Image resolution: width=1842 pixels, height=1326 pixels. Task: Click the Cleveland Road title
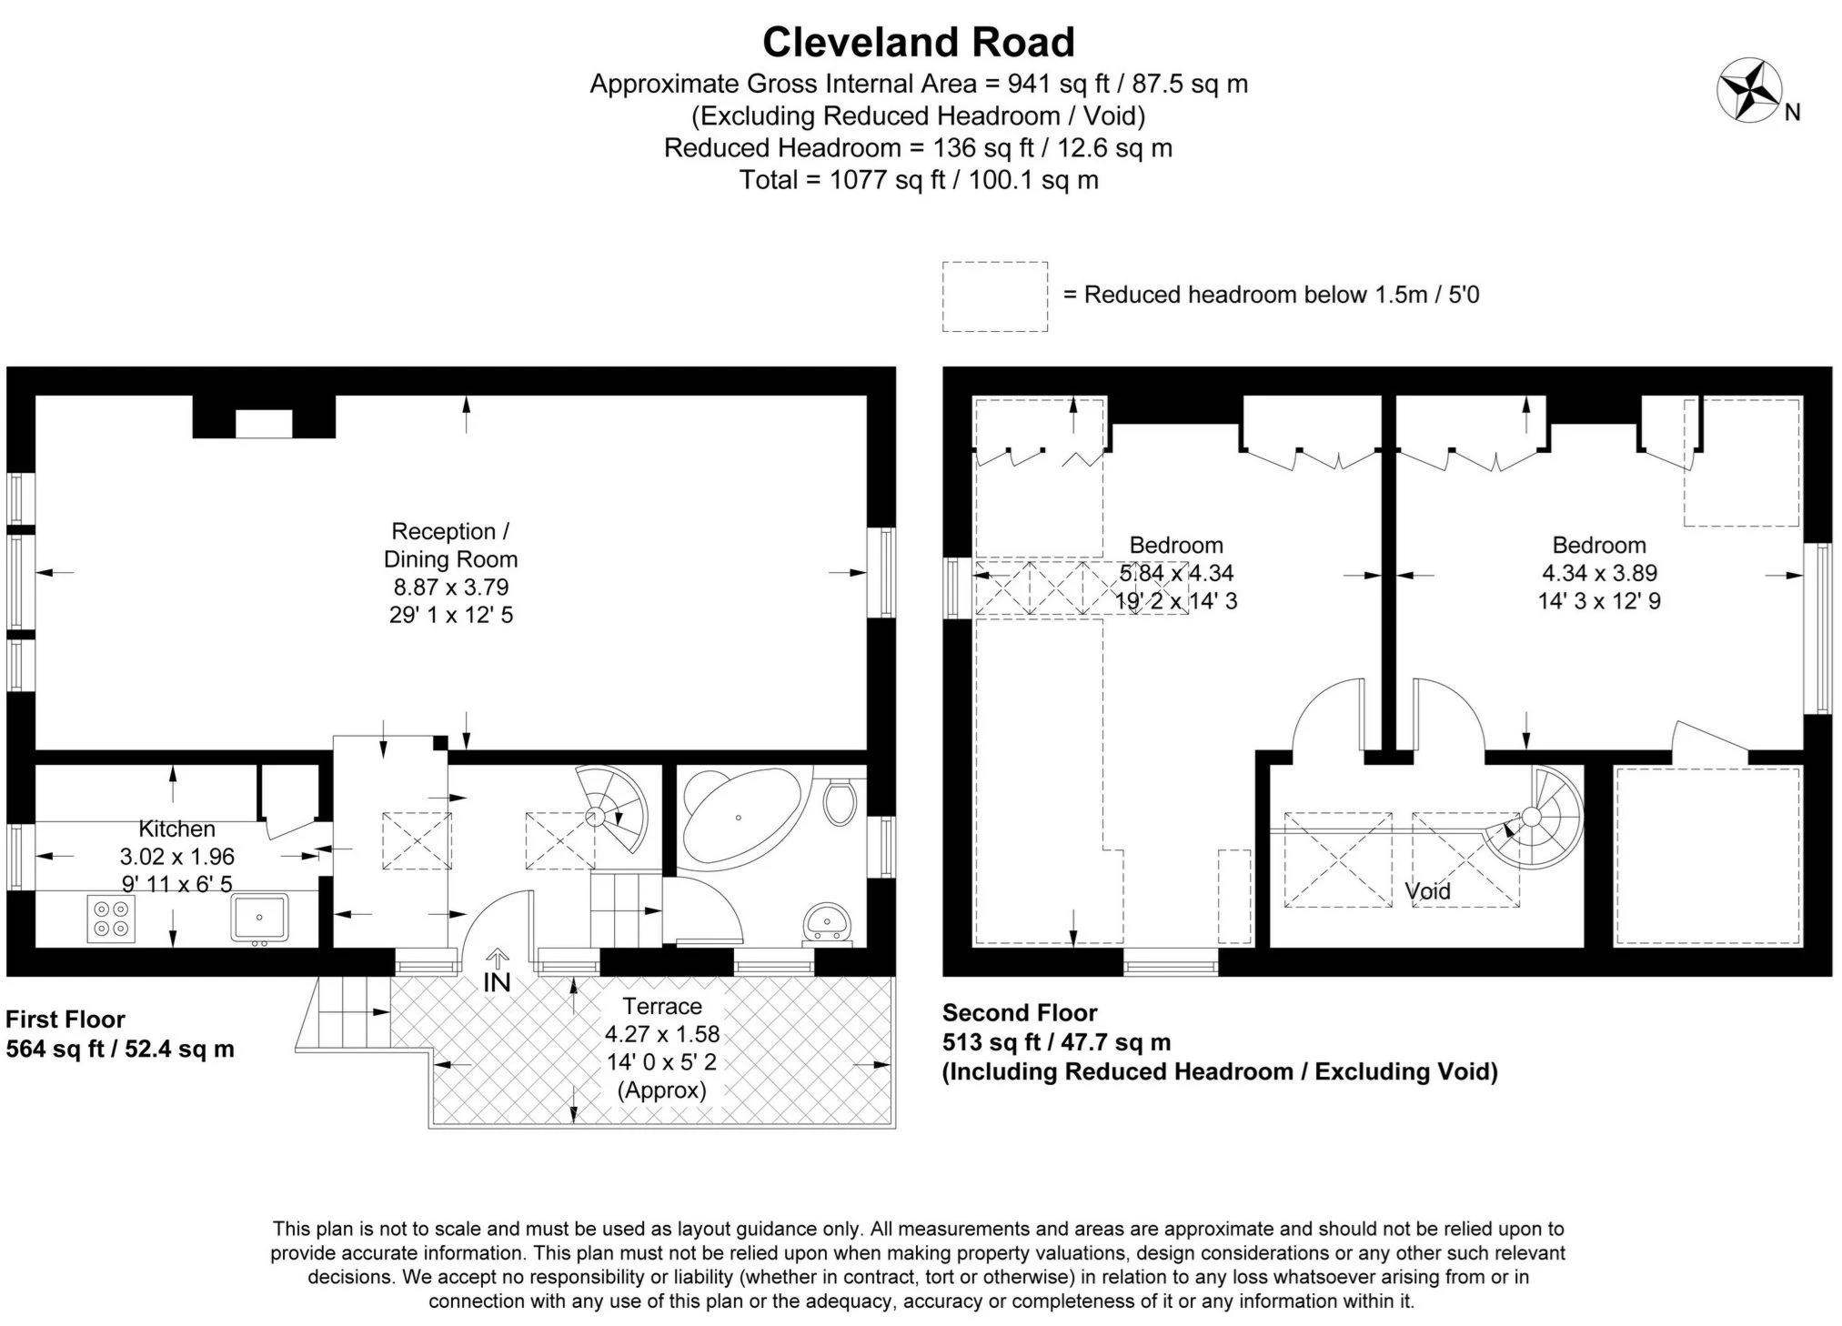[919, 42]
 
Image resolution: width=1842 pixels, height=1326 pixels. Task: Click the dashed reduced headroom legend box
[994, 296]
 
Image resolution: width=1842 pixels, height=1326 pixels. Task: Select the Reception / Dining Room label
[450, 545]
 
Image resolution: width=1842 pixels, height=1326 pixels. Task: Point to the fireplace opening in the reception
[264, 423]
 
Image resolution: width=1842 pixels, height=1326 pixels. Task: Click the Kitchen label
[176, 829]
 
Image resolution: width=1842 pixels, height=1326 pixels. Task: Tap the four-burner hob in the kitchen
[111, 919]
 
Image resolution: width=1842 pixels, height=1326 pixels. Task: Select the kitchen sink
[259, 917]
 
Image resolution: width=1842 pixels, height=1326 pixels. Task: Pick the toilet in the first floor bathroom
[839, 801]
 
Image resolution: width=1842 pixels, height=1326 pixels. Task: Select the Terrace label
[662, 1006]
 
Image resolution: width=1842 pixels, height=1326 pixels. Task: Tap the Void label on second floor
[1427, 891]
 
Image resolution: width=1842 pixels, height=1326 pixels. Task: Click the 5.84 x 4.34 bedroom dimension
[1175, 573]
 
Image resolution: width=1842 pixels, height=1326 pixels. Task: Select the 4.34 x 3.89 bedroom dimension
[1599, 573]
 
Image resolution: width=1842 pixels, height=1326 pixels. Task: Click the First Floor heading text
[65, 1019]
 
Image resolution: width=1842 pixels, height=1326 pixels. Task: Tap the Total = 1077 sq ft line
[919, 180]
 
